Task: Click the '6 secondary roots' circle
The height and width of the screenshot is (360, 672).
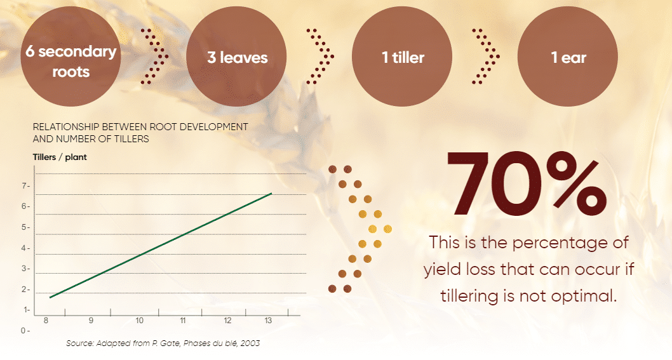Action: coord(71,57)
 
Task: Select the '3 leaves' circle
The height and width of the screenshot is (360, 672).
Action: coord(236,57)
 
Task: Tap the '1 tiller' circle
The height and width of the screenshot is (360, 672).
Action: coord(402,57)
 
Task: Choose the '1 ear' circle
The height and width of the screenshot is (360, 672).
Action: coord(568,57)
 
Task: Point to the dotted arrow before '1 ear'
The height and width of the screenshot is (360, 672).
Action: coord(486,56)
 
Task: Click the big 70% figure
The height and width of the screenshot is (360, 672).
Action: coord(527,183)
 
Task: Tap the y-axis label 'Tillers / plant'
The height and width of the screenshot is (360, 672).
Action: coord(60,157)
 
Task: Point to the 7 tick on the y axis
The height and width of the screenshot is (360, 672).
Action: coord(24,186)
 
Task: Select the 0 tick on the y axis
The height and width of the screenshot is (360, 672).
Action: coord(24,330)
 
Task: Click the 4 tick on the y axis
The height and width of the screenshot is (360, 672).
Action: coord(24,248)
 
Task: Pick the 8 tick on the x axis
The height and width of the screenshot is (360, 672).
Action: coord(46,321)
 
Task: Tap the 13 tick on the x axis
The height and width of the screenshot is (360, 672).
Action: coord(268,321)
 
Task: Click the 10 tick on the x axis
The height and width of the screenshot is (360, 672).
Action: coord(139,321)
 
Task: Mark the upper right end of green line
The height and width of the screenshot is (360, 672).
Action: coord(272,194)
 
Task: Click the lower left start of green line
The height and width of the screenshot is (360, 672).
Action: coord(50,297)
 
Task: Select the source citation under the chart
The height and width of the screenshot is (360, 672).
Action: coord(163,343)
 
